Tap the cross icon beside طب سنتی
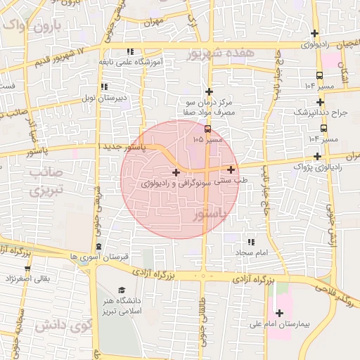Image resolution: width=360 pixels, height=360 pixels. point(231,169)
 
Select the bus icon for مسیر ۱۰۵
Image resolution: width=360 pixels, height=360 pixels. point(207,129)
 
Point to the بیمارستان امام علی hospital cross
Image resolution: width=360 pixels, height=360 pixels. point(279,314)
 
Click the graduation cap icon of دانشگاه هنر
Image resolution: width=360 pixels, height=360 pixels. point(122,290)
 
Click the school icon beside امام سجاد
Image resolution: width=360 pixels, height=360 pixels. point(251,241)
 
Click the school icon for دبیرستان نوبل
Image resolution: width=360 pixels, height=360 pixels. point(104,86)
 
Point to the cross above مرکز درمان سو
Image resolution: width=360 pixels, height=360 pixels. point(208,91)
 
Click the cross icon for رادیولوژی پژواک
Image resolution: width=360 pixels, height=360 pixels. point(317,156)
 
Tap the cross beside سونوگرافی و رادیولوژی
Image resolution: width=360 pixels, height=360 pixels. point(175,172)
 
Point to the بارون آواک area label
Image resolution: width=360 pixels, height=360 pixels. point(32,26)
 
